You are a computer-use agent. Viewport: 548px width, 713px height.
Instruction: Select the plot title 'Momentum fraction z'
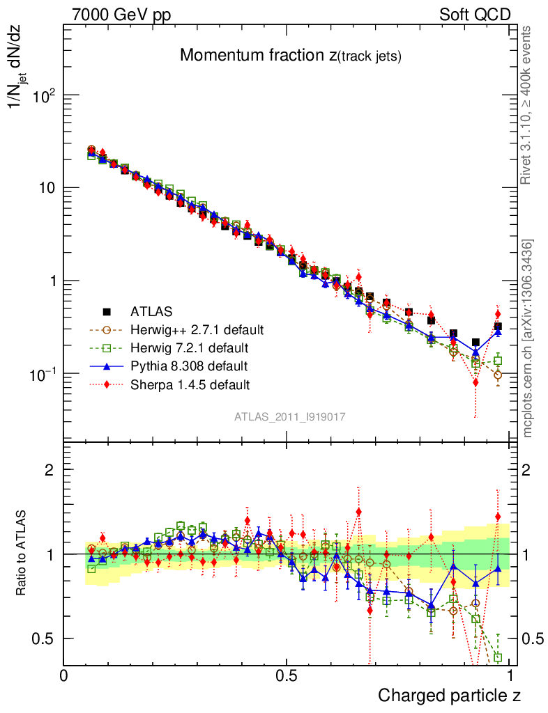tap(290, 56)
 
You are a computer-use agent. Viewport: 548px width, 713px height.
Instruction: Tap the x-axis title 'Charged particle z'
tap(449, 694)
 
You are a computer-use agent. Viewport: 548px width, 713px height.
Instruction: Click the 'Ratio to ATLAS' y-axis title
tap(22, 554)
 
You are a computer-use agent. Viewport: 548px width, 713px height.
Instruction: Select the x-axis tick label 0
tap(63, 675)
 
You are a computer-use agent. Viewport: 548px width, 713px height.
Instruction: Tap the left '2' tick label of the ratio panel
tap(50, 469)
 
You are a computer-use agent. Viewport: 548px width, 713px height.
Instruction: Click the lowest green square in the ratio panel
tap(498, 657)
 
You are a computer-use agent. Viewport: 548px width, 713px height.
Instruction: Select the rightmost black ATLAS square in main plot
tap(498, 327)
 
